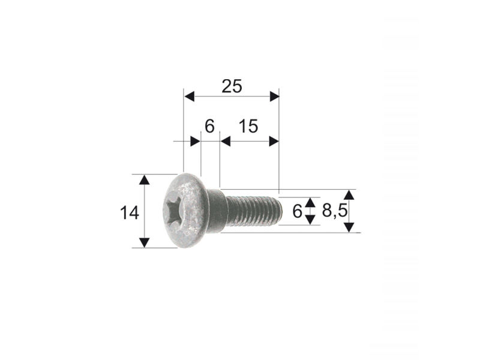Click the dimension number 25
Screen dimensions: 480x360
point(232,86)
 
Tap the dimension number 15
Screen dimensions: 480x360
point(248,126)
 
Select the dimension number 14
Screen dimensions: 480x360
point(130,213)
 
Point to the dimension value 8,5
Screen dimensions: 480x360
point(335,211)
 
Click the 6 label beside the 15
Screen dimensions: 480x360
point(209,126)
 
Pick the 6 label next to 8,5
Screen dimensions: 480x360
point(297,211)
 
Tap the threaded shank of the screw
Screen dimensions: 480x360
point(253,211)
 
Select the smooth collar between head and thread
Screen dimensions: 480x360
point(217,211)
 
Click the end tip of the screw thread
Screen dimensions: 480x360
point(280,211)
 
